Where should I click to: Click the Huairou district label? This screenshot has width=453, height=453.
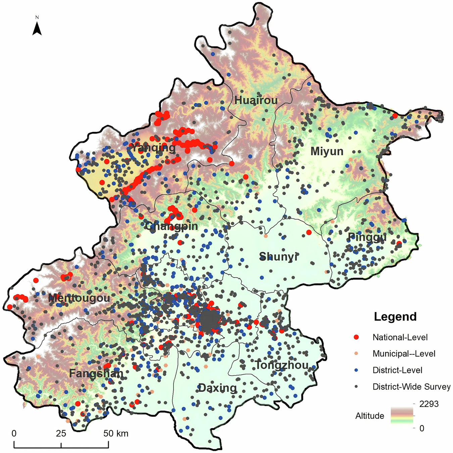pos(256,100)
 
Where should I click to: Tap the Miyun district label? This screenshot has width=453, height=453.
pos(327,151)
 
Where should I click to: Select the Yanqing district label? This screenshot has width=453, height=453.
pos(153,148)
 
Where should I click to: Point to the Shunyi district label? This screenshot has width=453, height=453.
pos(279,257)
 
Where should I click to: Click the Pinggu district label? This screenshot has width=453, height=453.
pos(367,237)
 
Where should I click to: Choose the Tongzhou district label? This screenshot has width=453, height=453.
pos(282,365)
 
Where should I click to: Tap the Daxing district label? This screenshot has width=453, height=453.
pos(218,388)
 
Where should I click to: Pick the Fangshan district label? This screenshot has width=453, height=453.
pos(96,373)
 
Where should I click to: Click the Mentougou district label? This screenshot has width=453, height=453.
pos(79,298)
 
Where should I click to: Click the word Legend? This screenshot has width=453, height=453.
pos(395,316)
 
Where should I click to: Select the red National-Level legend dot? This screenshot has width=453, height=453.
pos(356,337)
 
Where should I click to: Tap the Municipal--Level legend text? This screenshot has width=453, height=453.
pos(404,354)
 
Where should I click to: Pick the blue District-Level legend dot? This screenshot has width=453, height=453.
pos(356,370)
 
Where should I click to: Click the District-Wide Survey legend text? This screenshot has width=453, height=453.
pos(411,387)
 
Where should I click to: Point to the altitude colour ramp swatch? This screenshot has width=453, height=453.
pos(402,415)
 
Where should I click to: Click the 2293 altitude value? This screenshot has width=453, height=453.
pos(429,404)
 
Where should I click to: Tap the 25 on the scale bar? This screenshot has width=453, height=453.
pos(61,433)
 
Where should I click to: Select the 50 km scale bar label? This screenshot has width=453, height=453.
pos(116,433)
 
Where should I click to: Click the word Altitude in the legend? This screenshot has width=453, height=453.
pos(370,416)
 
